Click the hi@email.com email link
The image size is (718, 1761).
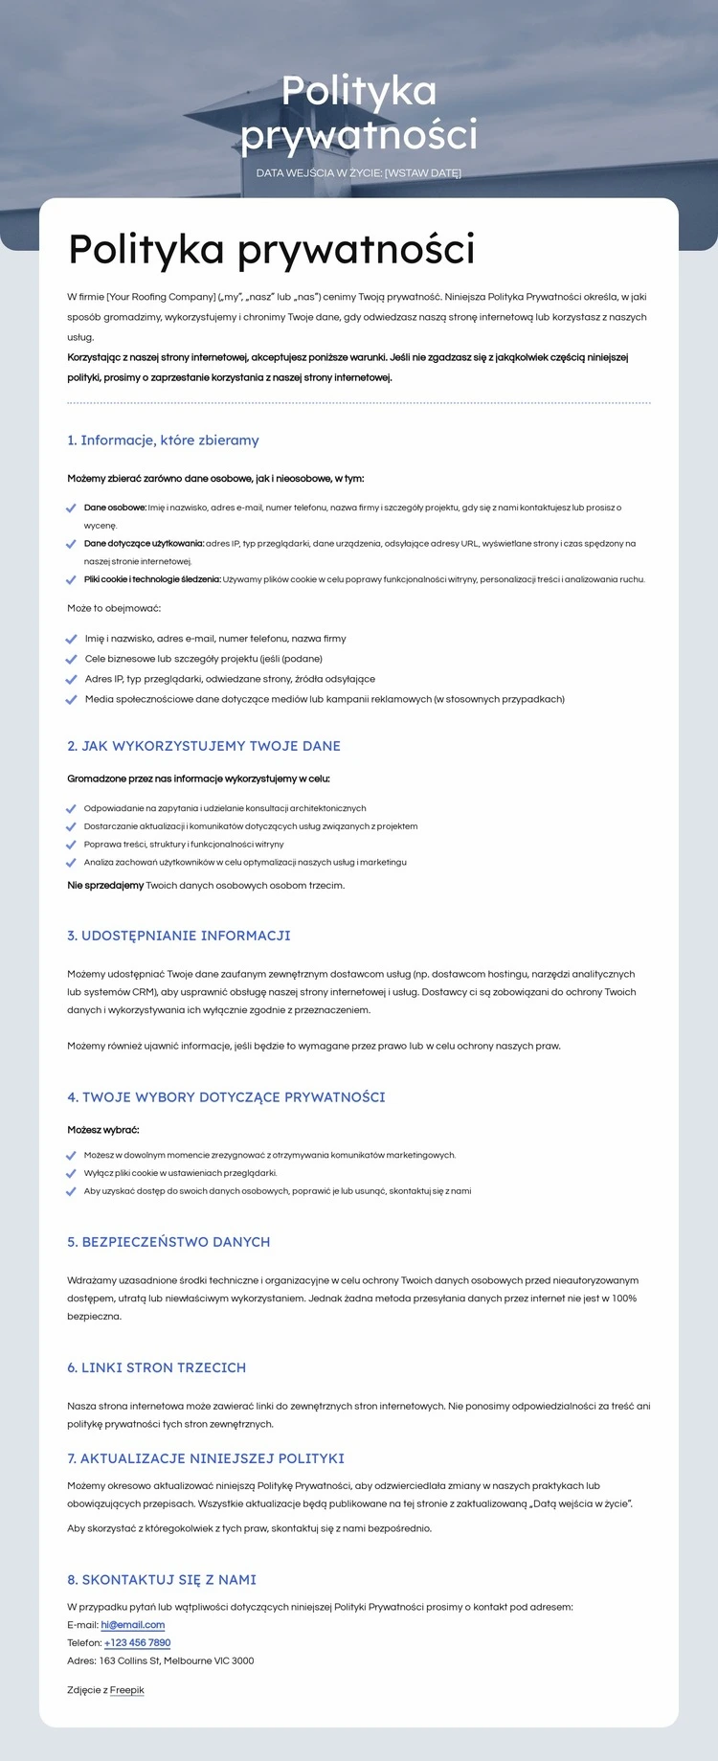(x=132, y=1625)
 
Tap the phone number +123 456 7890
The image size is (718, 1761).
(x=137, y=1643)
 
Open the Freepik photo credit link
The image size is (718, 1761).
(x=126, y=1690)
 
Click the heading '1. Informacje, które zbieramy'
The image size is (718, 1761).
(x=163, y=440)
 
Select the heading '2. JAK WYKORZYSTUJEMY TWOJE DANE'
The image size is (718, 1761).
(x=204, y=746)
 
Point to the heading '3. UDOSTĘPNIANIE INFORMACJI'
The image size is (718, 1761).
(x=178, y=936)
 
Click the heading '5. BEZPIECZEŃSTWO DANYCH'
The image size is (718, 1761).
(x=168, y=1242)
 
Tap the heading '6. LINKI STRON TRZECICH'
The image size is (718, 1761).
(x=156, y=1367)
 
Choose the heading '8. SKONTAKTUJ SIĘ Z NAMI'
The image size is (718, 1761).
(x=162, y=1580)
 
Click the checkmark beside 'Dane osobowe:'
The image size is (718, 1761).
(x=71, y=508)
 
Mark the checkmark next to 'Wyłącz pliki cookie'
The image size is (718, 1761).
(x=71, y=1173)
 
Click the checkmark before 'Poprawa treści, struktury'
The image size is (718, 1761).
(x=71, y=845)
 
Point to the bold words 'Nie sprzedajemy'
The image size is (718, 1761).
(x=105, y=886)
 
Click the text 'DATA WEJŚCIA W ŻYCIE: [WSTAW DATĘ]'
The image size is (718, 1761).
(x=359, y=173)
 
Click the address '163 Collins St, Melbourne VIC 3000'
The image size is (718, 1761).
(x=176, y=1661)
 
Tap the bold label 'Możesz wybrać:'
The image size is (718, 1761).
(x=103, y=1130)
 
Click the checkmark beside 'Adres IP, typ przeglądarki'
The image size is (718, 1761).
(x=71, y=679)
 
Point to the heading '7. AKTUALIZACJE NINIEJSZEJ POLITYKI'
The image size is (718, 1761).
(x=206, y=1458)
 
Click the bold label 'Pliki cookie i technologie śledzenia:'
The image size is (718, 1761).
(x=152, y=579)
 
